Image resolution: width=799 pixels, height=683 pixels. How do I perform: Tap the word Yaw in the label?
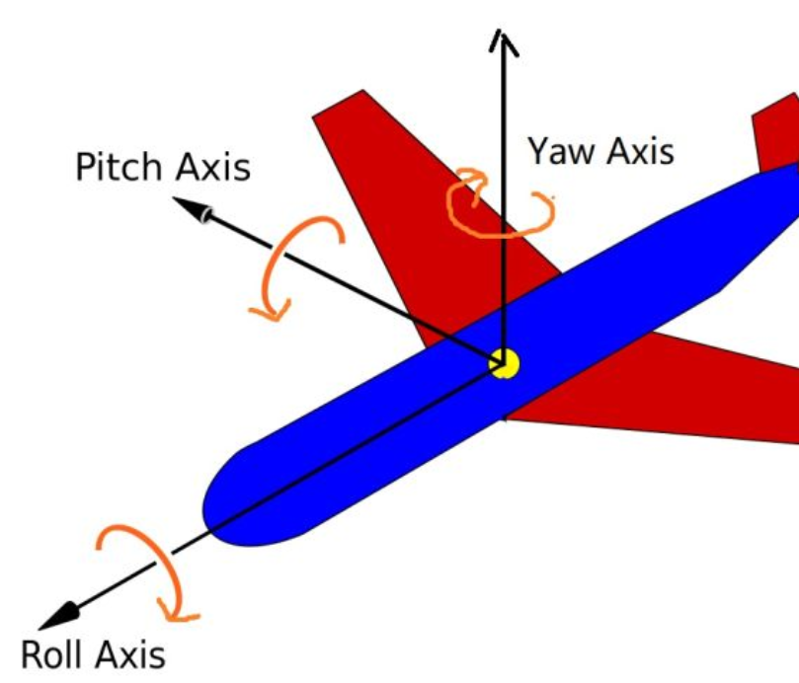point(561,151)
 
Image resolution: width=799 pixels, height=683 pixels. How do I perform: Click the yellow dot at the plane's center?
point(505,363)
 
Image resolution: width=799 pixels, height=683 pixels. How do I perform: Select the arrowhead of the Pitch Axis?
point(194,208)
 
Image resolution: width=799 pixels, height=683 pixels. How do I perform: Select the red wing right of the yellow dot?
point(672,395)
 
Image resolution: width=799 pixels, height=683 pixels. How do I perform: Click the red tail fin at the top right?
point(775,133)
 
